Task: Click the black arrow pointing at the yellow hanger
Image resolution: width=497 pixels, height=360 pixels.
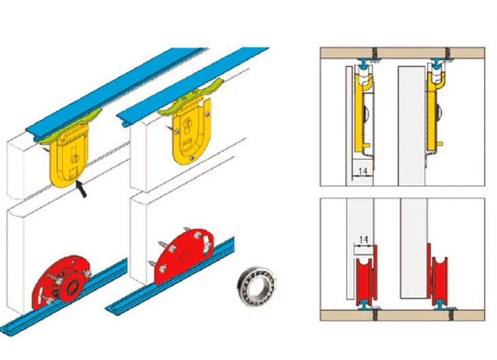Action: click(82, 189)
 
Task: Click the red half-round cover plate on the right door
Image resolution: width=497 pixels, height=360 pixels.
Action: click(182, 256)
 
